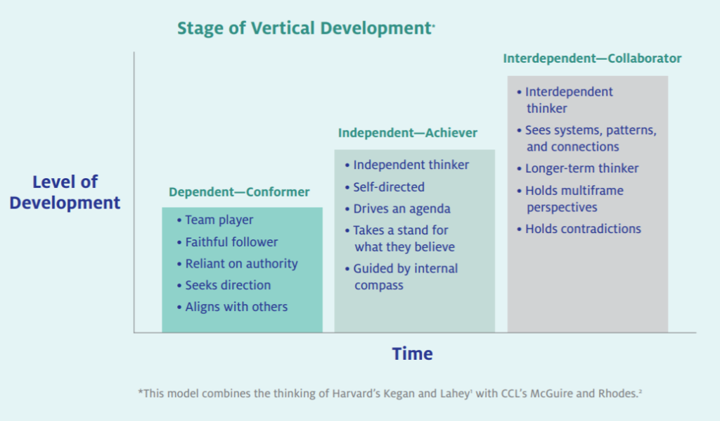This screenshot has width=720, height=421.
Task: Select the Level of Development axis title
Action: tap(65, 192)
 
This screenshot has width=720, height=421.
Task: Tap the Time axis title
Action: tap(412, 354)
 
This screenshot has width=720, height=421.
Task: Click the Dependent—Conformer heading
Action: tap(239, 191)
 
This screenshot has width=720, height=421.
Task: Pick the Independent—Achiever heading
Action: tap(408, 133)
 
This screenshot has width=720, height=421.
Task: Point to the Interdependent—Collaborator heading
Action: tap(592, 58)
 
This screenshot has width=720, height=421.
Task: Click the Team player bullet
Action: tap(215, 220)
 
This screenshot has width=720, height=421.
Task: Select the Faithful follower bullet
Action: tap(227, 241)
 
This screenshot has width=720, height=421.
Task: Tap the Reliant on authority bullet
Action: tap(238, 264)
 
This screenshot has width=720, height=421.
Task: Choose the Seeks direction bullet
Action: tap(224, 285)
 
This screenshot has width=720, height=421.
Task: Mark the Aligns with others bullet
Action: tap(232, 307)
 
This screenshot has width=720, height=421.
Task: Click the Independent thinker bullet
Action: tap(407, 165)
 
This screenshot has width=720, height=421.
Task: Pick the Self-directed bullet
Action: tap(385, 187)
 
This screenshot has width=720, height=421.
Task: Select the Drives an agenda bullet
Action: tap(398, 208)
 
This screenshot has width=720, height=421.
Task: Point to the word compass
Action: tap(379, 286)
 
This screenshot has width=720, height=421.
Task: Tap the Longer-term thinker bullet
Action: tap(578, 169)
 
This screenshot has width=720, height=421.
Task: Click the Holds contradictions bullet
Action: tap(579, 229)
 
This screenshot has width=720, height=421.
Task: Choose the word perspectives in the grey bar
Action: tap(562, 208)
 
